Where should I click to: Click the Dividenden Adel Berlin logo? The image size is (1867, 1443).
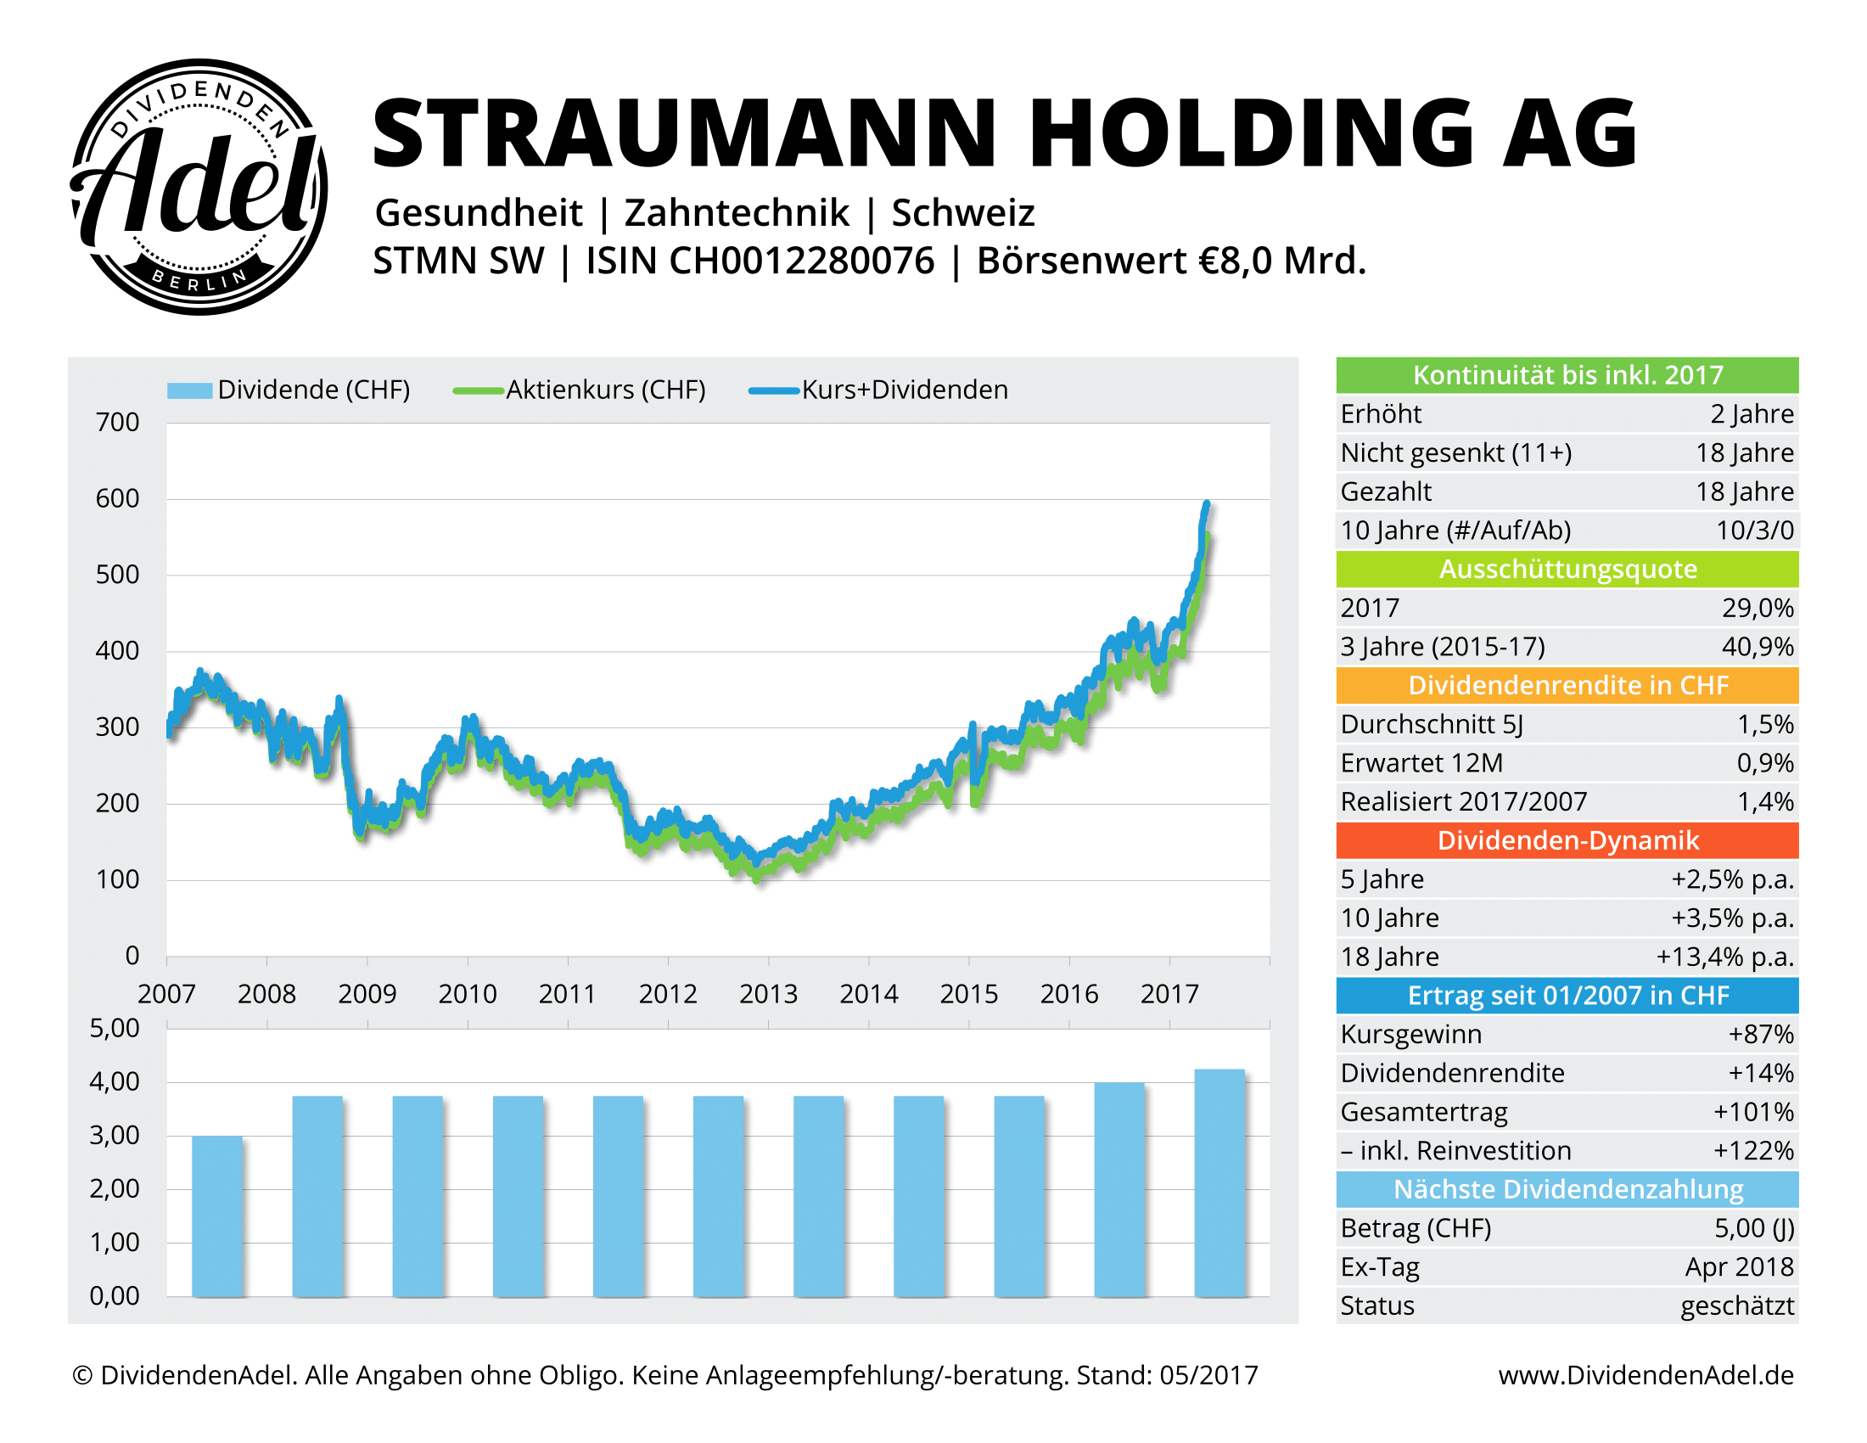pos(199,187)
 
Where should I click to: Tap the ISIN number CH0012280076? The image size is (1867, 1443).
pos(802,261)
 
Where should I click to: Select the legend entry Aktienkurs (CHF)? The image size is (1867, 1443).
pos(605,390)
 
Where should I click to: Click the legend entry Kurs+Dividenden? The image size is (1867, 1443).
pos(904,390)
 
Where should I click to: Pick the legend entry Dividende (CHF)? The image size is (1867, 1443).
pos(313,390)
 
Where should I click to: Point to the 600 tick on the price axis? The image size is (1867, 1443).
pos(117,498)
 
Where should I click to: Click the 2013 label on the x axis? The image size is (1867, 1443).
pos(768,993)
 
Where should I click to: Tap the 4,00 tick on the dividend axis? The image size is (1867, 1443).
pos(115,1081)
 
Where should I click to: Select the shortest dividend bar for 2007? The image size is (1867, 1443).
pos(217,1216)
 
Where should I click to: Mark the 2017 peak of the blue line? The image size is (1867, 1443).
pos(1206,504)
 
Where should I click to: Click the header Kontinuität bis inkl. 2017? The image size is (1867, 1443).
pos(1567,375)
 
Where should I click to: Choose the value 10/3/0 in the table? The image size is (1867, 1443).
pos(1754,530)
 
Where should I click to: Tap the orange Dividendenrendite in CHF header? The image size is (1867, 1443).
pos(1567,686)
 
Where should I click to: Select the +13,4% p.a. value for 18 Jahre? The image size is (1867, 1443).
pos(1724,957)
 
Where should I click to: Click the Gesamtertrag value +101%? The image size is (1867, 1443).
pos(1752,1111)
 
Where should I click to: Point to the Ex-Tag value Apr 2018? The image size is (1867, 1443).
pos(1739,1267)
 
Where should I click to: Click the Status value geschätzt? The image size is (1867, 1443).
pos(1736,1305)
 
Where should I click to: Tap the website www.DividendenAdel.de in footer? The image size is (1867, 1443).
pos(1646,1374)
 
